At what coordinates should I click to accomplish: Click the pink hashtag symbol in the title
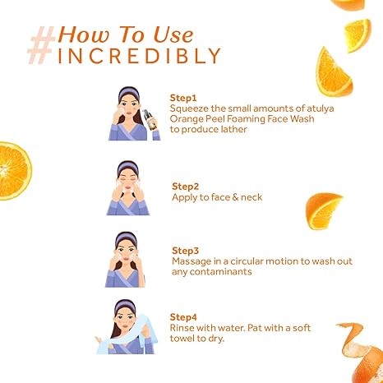click(x=42, y=45)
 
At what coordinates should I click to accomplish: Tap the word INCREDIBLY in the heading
click(x=139, y=56)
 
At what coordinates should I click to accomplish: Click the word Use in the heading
click(x=173, y=35)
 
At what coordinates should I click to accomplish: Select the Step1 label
click(x=183, y=98)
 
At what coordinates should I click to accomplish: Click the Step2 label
click(x=185, y=187)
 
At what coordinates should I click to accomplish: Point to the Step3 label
click(x=185, y=251)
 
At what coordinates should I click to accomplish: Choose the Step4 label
click(x=183, y=317)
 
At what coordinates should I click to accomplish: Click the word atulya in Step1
click(x=321, y=108)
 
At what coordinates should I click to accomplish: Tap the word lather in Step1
click(x=234, y=129)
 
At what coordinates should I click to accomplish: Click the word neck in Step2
click(x=251, y=197)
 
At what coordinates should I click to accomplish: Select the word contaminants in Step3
click(x=220, y=272)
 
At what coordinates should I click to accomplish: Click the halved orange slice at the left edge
click(x=14, y=171)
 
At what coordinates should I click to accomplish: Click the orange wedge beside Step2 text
click(x=323, y=211)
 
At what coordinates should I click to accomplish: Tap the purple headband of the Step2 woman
click(x=127, y=167)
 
